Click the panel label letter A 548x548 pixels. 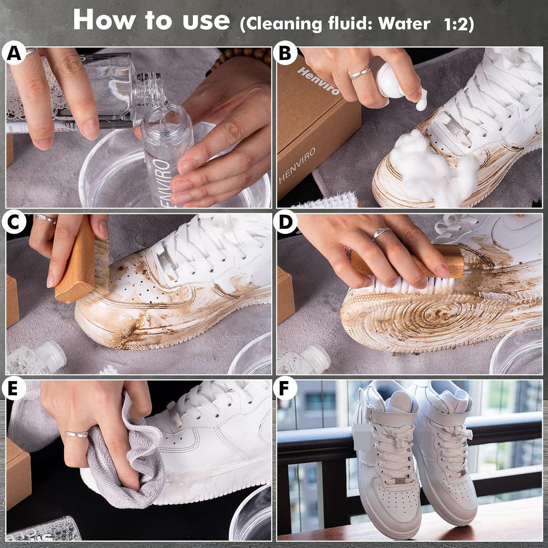(14, 54)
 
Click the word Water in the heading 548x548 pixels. (404, 24)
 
